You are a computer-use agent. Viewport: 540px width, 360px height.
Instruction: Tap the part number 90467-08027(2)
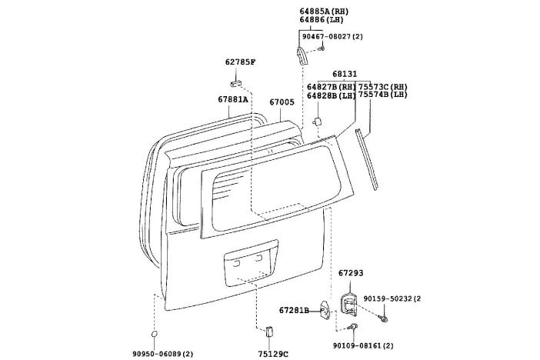click(331, 36)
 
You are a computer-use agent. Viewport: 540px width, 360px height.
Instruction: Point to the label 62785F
click(241, 61)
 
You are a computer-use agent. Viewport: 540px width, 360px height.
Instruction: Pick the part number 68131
click(344, 75)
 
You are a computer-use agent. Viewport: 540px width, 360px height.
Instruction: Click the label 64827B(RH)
click(332, 86)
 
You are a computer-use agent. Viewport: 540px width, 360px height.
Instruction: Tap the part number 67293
click(350, 272)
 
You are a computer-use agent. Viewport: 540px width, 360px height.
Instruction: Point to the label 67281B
click(293, 310)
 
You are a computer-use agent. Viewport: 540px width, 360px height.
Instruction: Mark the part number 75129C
click(273, 353)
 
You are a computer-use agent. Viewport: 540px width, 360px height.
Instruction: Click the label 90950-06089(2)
click(163, 353)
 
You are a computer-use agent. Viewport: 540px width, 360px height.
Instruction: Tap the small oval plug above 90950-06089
click(155, 335)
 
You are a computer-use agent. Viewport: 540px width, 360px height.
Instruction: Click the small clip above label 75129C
click(268, 332)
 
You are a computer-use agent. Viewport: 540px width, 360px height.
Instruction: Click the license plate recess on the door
click(248, 265)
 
